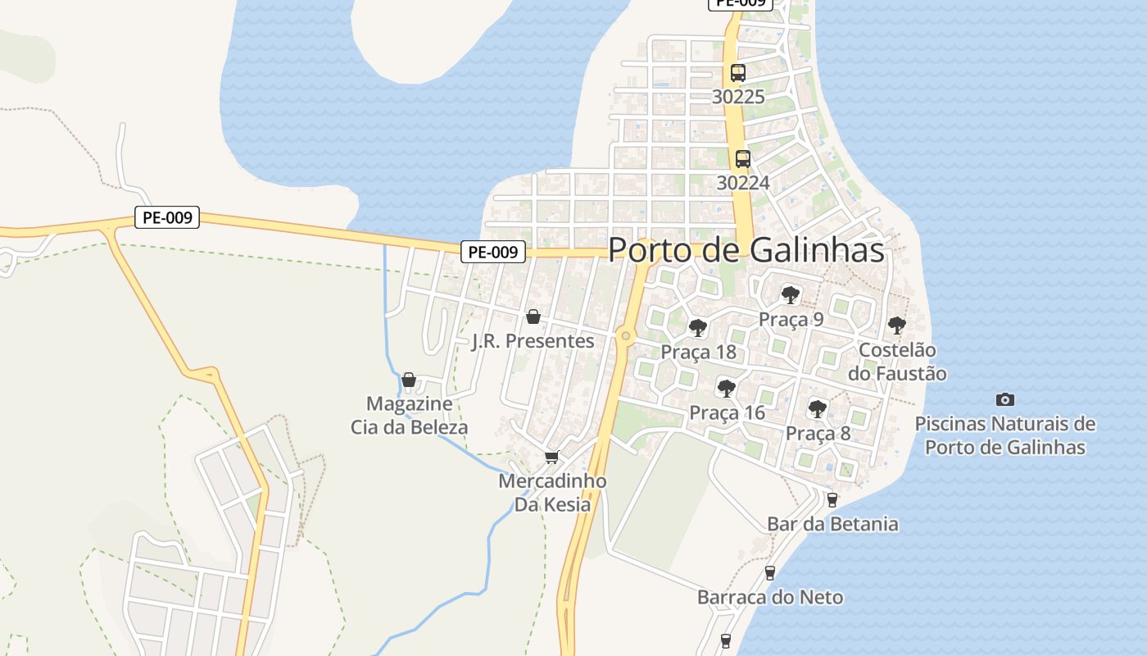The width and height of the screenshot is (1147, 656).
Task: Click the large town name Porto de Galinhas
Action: (x=746, y=250)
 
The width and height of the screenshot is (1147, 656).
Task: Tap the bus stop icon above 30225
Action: (x=737, y=72)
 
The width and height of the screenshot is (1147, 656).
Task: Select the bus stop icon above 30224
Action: (x=742, y=159)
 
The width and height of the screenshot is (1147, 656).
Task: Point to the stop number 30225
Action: (x=738, y=97)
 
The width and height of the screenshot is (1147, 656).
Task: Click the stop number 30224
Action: (x=743, y=182)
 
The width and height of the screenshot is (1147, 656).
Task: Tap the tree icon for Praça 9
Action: (x=790, y=295)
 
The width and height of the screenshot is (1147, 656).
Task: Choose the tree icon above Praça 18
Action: (x=697, y=328)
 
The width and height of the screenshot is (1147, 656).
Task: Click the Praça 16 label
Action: (x=727, y=412)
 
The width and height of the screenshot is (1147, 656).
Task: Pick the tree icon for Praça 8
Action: (x=817, y=408)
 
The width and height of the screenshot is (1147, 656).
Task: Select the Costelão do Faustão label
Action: (x=897, y=362)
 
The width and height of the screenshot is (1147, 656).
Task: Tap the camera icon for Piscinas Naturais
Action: (x=1004, y=399)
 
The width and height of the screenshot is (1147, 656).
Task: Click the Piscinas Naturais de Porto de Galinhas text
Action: (x=1004, y=435)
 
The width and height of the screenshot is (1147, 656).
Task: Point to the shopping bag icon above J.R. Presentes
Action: (x=533, y=317)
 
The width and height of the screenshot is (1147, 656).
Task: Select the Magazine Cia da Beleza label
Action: (x=409, y=415)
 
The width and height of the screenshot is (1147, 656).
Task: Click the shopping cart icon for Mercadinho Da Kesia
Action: (x=551, y=457)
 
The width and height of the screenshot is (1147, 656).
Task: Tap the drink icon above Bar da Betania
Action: (x=832, y=499)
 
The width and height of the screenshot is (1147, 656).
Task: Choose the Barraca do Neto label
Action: (x=769, y=597)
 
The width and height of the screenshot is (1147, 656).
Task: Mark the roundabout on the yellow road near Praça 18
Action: (x=626, y=335)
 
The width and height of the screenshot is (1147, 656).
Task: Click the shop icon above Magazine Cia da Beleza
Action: (x=409, y=380)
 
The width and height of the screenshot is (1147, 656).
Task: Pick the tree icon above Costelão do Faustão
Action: (x=896, y=325)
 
